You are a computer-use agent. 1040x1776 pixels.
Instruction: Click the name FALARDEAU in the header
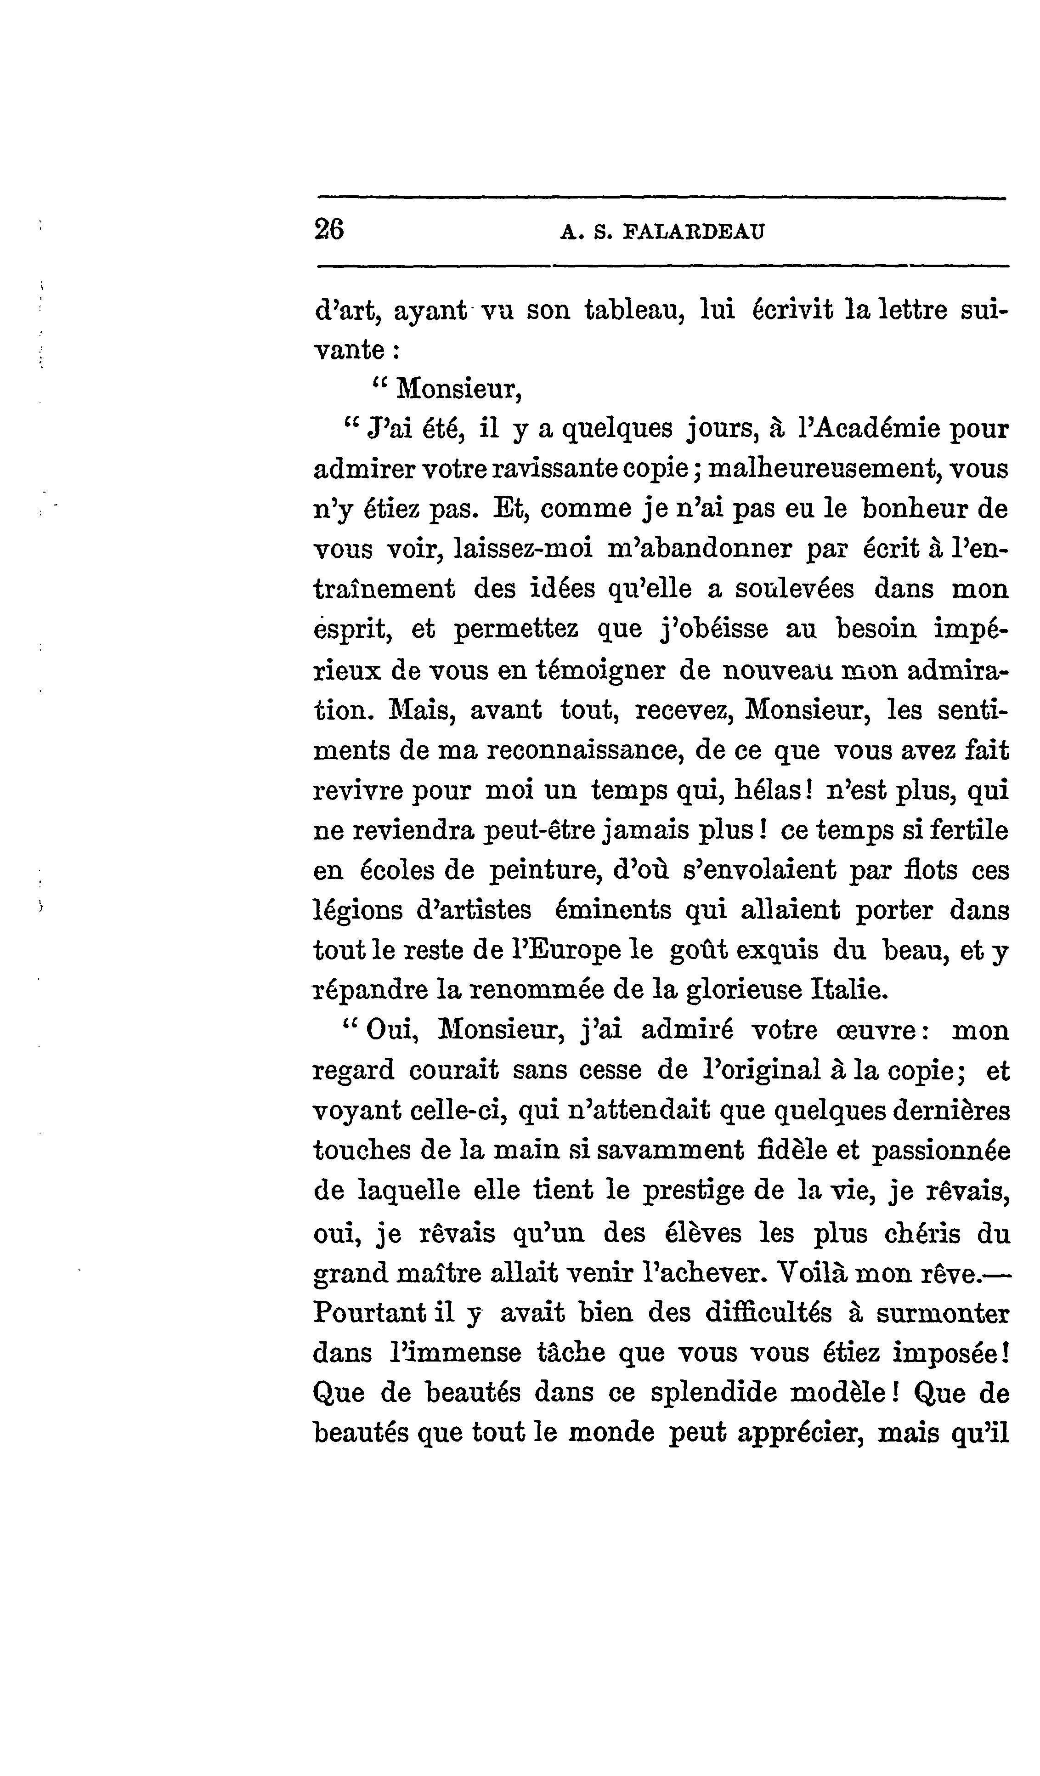[x=694, y=232]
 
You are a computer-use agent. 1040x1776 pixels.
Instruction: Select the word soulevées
[x=794, y=589]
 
